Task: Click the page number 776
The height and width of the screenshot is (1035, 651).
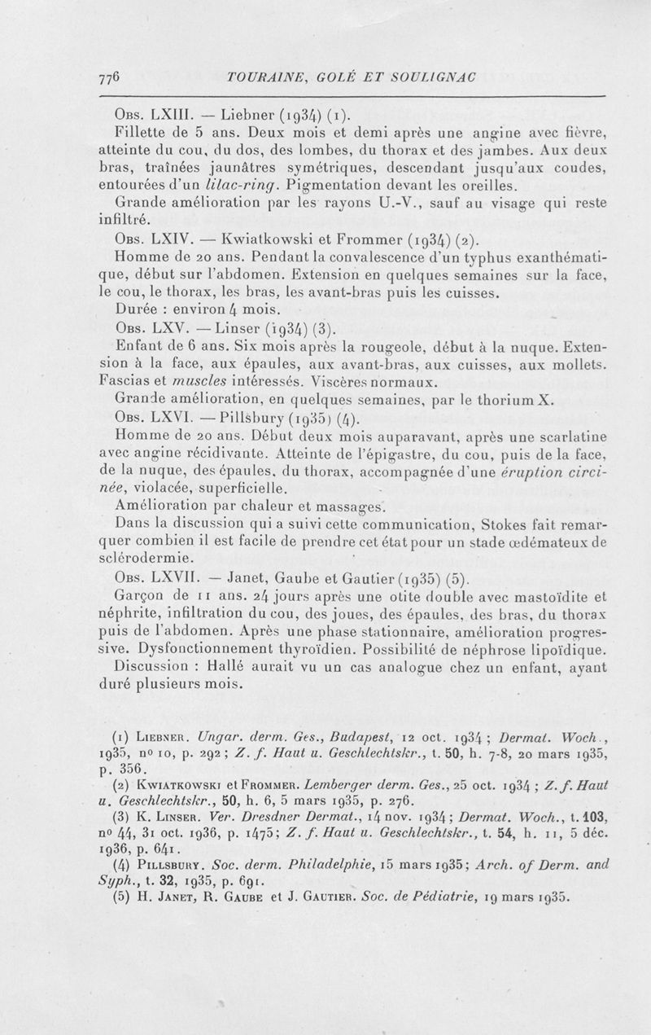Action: coord(108,78)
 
